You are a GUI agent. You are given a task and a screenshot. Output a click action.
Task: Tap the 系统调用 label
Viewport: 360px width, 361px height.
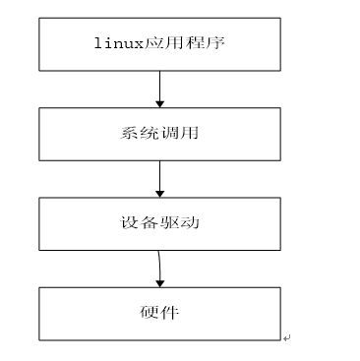(x=159, y=134)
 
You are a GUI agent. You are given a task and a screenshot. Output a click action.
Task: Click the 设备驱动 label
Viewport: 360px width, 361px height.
(x=159, y=223)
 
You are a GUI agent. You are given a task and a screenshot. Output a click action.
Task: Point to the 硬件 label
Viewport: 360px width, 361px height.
(x=159, y=313)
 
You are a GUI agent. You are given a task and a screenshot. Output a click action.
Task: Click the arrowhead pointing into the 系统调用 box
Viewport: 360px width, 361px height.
(x=159, y=103)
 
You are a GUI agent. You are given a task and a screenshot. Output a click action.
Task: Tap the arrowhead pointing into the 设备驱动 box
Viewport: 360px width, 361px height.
(x=159, y=193)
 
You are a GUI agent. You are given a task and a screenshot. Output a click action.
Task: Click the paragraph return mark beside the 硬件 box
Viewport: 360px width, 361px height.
(x=286, y=337)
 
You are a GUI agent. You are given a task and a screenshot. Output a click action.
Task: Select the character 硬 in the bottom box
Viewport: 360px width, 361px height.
(x=150, y=313)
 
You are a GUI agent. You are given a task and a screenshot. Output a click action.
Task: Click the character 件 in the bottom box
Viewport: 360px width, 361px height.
(x=170, y=313)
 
